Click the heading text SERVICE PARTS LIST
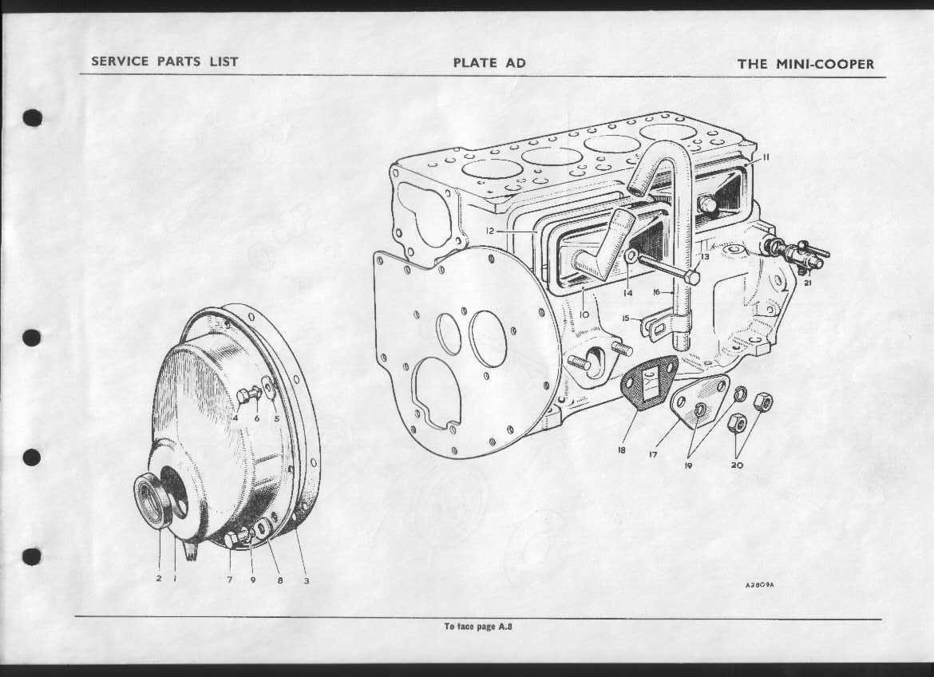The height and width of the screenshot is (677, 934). [164, 61]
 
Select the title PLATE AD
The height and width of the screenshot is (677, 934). [489, 62]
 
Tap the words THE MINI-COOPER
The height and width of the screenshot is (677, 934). [806, 64]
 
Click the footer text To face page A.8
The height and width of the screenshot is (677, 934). [477, 627]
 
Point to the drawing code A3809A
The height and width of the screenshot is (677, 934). [759, 585]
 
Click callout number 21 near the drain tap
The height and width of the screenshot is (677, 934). [808, 283]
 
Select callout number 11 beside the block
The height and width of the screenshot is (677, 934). [766, 156]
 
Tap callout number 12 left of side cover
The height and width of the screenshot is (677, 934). [489, 231]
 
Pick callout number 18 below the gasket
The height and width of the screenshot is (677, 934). [621, 450]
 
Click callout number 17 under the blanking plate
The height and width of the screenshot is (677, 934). [654, 454]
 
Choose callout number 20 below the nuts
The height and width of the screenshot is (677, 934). [738, 465]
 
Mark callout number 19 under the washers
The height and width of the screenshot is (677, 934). [688, 465]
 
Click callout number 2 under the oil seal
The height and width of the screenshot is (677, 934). [158, 578]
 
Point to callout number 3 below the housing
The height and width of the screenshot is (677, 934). [307, 580]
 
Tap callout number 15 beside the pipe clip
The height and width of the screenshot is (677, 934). [625, 319]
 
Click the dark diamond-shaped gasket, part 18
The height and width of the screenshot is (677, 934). [649, 384]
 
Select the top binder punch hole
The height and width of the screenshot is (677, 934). [33, 118]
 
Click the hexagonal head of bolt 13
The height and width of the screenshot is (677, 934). [691, 277]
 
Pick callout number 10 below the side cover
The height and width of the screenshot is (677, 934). [584, 314]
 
